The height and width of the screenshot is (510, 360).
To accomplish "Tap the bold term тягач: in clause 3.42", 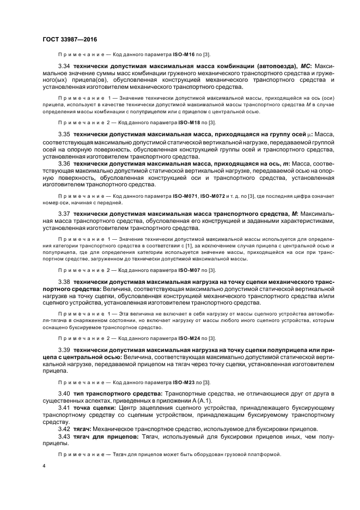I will (x=84, y=429).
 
